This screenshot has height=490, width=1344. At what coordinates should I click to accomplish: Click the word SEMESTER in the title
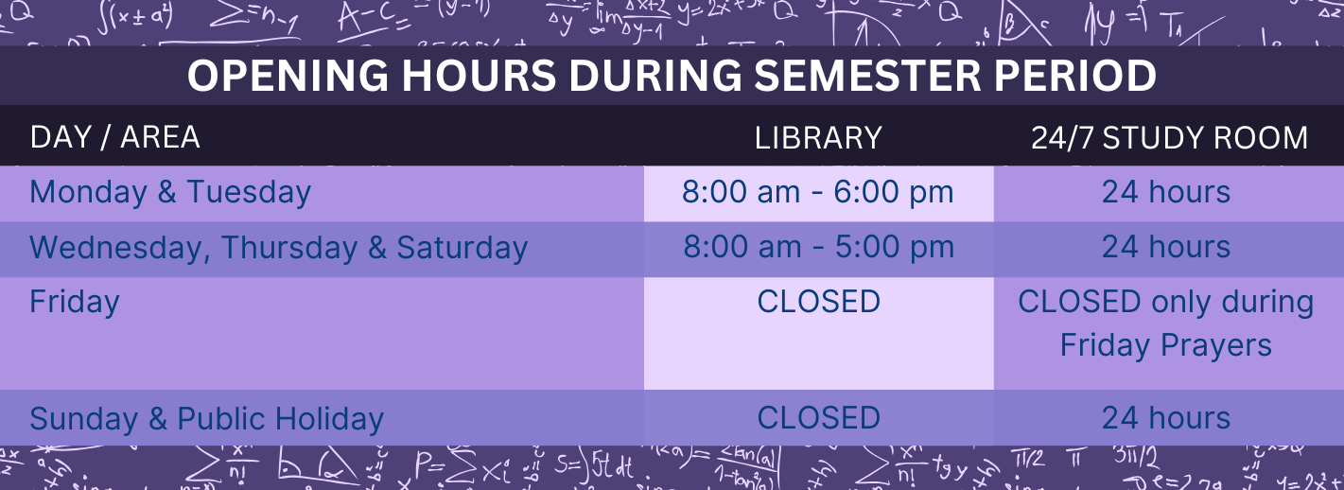pyautogui.click(x=867, y=76)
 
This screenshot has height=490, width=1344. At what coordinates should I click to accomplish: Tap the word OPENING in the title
pyautogui.click(x=288, y=76)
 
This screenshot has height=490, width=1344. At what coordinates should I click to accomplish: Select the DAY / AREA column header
pyautogui.click(x=114, y=137)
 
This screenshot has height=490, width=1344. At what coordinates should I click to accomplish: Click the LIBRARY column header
pyautogui.click(x=818, y=137)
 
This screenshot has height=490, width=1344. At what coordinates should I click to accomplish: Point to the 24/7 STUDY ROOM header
pyautogui.click(x=1169, y=137)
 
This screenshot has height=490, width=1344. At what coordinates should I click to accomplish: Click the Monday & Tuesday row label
pyautogui.click(x=170, y=192)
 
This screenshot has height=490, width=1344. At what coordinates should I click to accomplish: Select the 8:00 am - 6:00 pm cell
pyautogui.click(x=818, y=192)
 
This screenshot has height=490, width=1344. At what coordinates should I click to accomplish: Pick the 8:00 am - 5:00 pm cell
pyautogui.click(x=818, y=247)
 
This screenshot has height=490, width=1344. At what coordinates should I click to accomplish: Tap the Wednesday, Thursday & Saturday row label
pyautogui.click(x=279, y=248)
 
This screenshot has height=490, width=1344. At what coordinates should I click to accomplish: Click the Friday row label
pyautogui.click(x=75, y=302)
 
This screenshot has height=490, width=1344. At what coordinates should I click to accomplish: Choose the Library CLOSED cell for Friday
pyautogui.click(x=818, y=301)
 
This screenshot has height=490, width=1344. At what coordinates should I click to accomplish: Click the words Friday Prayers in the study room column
pyautogui.click(x=1166, y=345)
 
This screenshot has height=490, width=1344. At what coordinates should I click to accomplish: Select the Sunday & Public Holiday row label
pyautogui.click(x=206, y=419)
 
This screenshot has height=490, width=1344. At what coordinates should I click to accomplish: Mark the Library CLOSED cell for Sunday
pyautogui.click(x=818, y=417)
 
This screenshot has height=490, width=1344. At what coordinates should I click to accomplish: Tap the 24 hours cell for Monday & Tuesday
pyautogui.click(x=1166, y=192)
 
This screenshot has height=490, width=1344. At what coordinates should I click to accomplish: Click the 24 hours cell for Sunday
pyautogui.click(x=1166, y=417)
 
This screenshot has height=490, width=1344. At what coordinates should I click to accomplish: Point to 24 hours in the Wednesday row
pyautogui.click(x=1166, y=247)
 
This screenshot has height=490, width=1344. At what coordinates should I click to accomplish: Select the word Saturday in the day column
pyautogui.click(x=462, y=248)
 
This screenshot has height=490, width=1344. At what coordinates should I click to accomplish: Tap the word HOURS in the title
pyautogui.click(x=479, y=76)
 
